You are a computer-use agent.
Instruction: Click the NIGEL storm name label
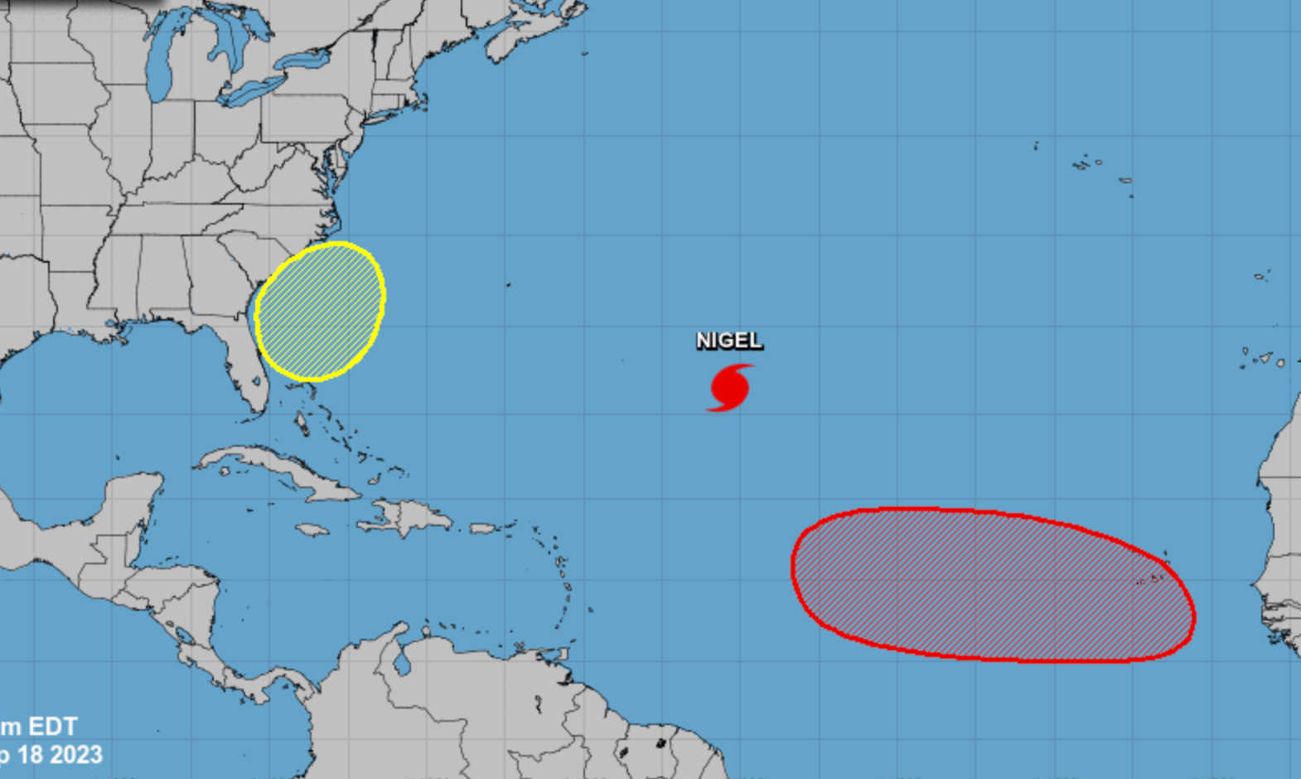tap(728, 341)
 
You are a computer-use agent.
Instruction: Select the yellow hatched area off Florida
tap(320, 312)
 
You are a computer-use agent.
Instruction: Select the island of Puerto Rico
tap(482, 528)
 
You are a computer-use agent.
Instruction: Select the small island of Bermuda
tap(509, 284)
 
